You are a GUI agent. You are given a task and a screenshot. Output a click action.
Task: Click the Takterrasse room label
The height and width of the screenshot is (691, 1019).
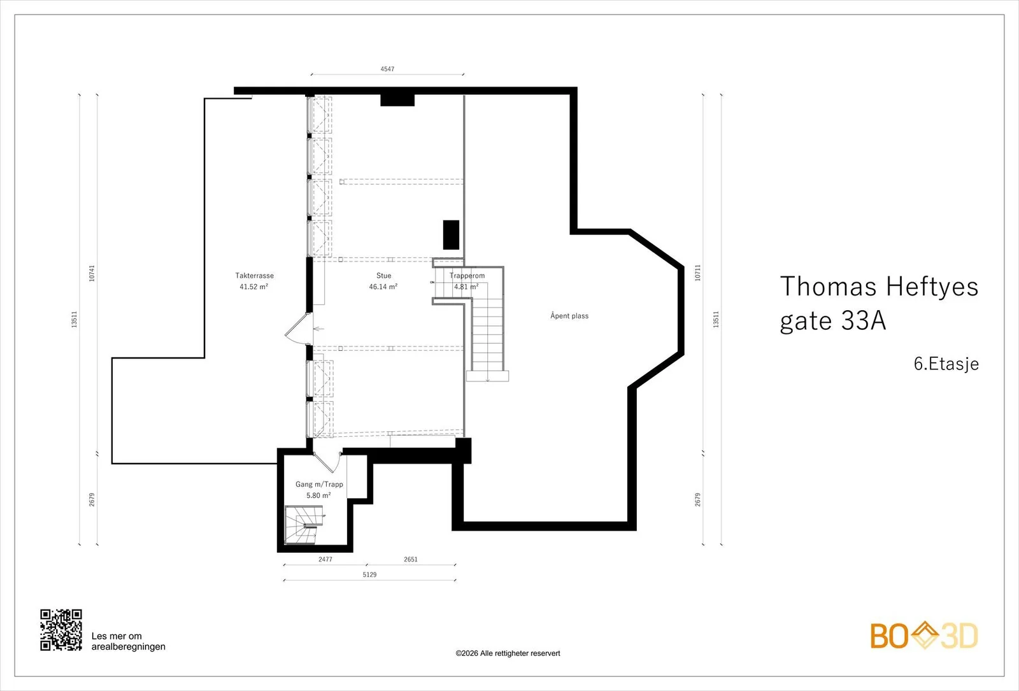[x=254, y=276]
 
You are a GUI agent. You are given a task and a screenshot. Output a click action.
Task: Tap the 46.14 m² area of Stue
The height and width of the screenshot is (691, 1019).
[x=383, y=287]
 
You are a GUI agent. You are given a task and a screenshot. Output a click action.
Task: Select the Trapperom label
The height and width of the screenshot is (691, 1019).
[x=467, y=276]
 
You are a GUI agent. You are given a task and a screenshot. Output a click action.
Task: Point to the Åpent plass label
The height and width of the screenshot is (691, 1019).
[x=569, y=316]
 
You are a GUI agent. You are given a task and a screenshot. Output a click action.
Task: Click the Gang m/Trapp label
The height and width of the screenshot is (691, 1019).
[x=319, y=484]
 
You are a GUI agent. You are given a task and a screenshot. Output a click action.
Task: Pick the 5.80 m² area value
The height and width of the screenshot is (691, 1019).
[x=318, y=495]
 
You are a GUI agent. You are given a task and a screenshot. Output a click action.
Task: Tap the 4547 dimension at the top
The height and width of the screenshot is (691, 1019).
[x=387, y=69]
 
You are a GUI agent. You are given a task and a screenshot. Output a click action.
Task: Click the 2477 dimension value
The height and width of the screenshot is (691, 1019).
[x=325, y=560]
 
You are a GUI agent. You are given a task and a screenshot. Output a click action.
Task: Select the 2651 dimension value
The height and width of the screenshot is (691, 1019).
[x=410, y=560]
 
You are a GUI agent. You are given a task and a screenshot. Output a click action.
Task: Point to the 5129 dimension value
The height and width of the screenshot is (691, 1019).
[x=369, y=574]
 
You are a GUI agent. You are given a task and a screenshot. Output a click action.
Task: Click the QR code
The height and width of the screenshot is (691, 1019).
[x=61, y=630]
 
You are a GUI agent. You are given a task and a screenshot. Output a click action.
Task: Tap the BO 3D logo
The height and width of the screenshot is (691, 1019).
[x=924, y=636]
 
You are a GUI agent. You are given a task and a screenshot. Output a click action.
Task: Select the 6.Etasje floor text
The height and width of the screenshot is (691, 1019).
[x=946, y=364]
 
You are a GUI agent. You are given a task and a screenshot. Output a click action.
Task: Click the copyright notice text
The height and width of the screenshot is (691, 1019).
[x=508, y=653]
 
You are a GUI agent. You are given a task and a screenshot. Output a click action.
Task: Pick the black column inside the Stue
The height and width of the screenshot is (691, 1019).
[x=452, y=235]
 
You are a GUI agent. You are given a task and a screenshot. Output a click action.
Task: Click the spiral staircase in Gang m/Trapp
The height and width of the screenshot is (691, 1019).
[x=301, y=525]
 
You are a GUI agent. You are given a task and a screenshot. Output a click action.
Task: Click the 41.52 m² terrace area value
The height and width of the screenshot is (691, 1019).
[x=254, y=287]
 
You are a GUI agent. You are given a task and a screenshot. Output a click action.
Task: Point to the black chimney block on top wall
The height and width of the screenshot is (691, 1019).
[x=397, y=100]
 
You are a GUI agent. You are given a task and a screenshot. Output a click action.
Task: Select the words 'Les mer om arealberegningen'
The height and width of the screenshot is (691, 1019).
[x=128, y=641]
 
